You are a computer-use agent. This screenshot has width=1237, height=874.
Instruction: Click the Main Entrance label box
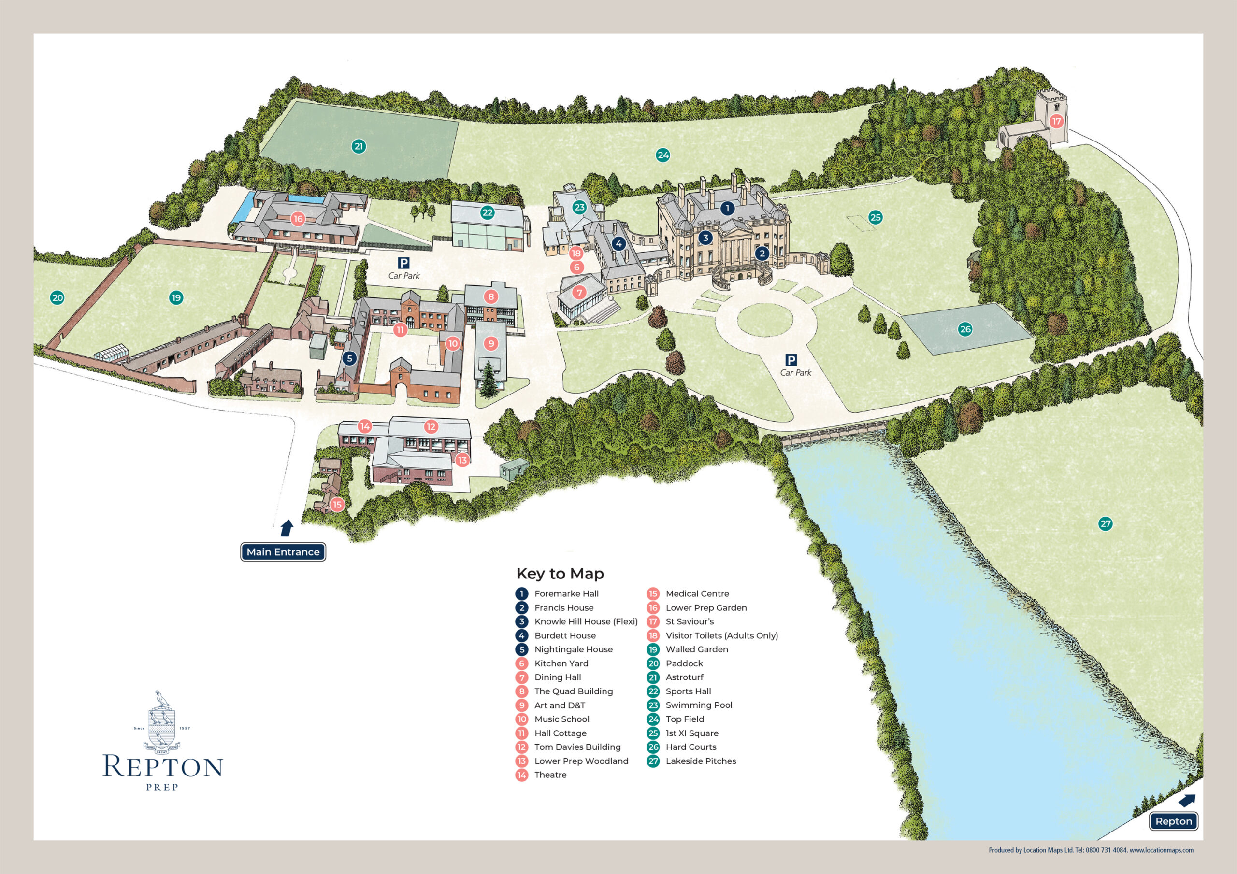pos(283,552)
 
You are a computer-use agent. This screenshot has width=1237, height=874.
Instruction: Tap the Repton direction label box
pos(1174,821)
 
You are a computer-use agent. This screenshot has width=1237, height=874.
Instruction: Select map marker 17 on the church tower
pos(1056,121)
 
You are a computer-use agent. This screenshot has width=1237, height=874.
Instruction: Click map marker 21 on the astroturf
pos(359,146)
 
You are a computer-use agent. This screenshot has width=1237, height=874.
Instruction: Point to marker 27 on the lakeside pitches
pos(1106,523)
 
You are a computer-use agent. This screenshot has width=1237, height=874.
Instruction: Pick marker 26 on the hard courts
pos(965,329)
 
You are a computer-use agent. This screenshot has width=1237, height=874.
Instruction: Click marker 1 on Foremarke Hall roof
pos(727,208)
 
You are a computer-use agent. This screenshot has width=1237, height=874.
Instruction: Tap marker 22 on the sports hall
pos(488,212)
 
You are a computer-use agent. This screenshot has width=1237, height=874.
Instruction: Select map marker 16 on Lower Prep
pos(298,219)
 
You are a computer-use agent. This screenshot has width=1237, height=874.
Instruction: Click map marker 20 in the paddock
pos(57,298)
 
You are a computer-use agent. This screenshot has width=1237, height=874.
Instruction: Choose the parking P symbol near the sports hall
pos(403,263)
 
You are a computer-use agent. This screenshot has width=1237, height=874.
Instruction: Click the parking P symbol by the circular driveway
pos(791,360)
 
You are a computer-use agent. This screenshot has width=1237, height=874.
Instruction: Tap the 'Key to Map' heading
pos(560,574)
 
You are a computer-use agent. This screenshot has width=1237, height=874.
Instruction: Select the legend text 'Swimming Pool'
pos(699,705)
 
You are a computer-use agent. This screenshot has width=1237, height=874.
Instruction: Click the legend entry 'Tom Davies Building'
pos(577,747)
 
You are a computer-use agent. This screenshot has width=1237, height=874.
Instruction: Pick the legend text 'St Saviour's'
pos(690,621)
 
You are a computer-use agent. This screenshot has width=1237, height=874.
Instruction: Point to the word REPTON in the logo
pos(163,766)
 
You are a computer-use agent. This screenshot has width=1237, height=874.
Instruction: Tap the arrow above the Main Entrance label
pos(287,528)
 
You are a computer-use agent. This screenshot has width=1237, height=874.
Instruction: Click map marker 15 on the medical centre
pos(337,505)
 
